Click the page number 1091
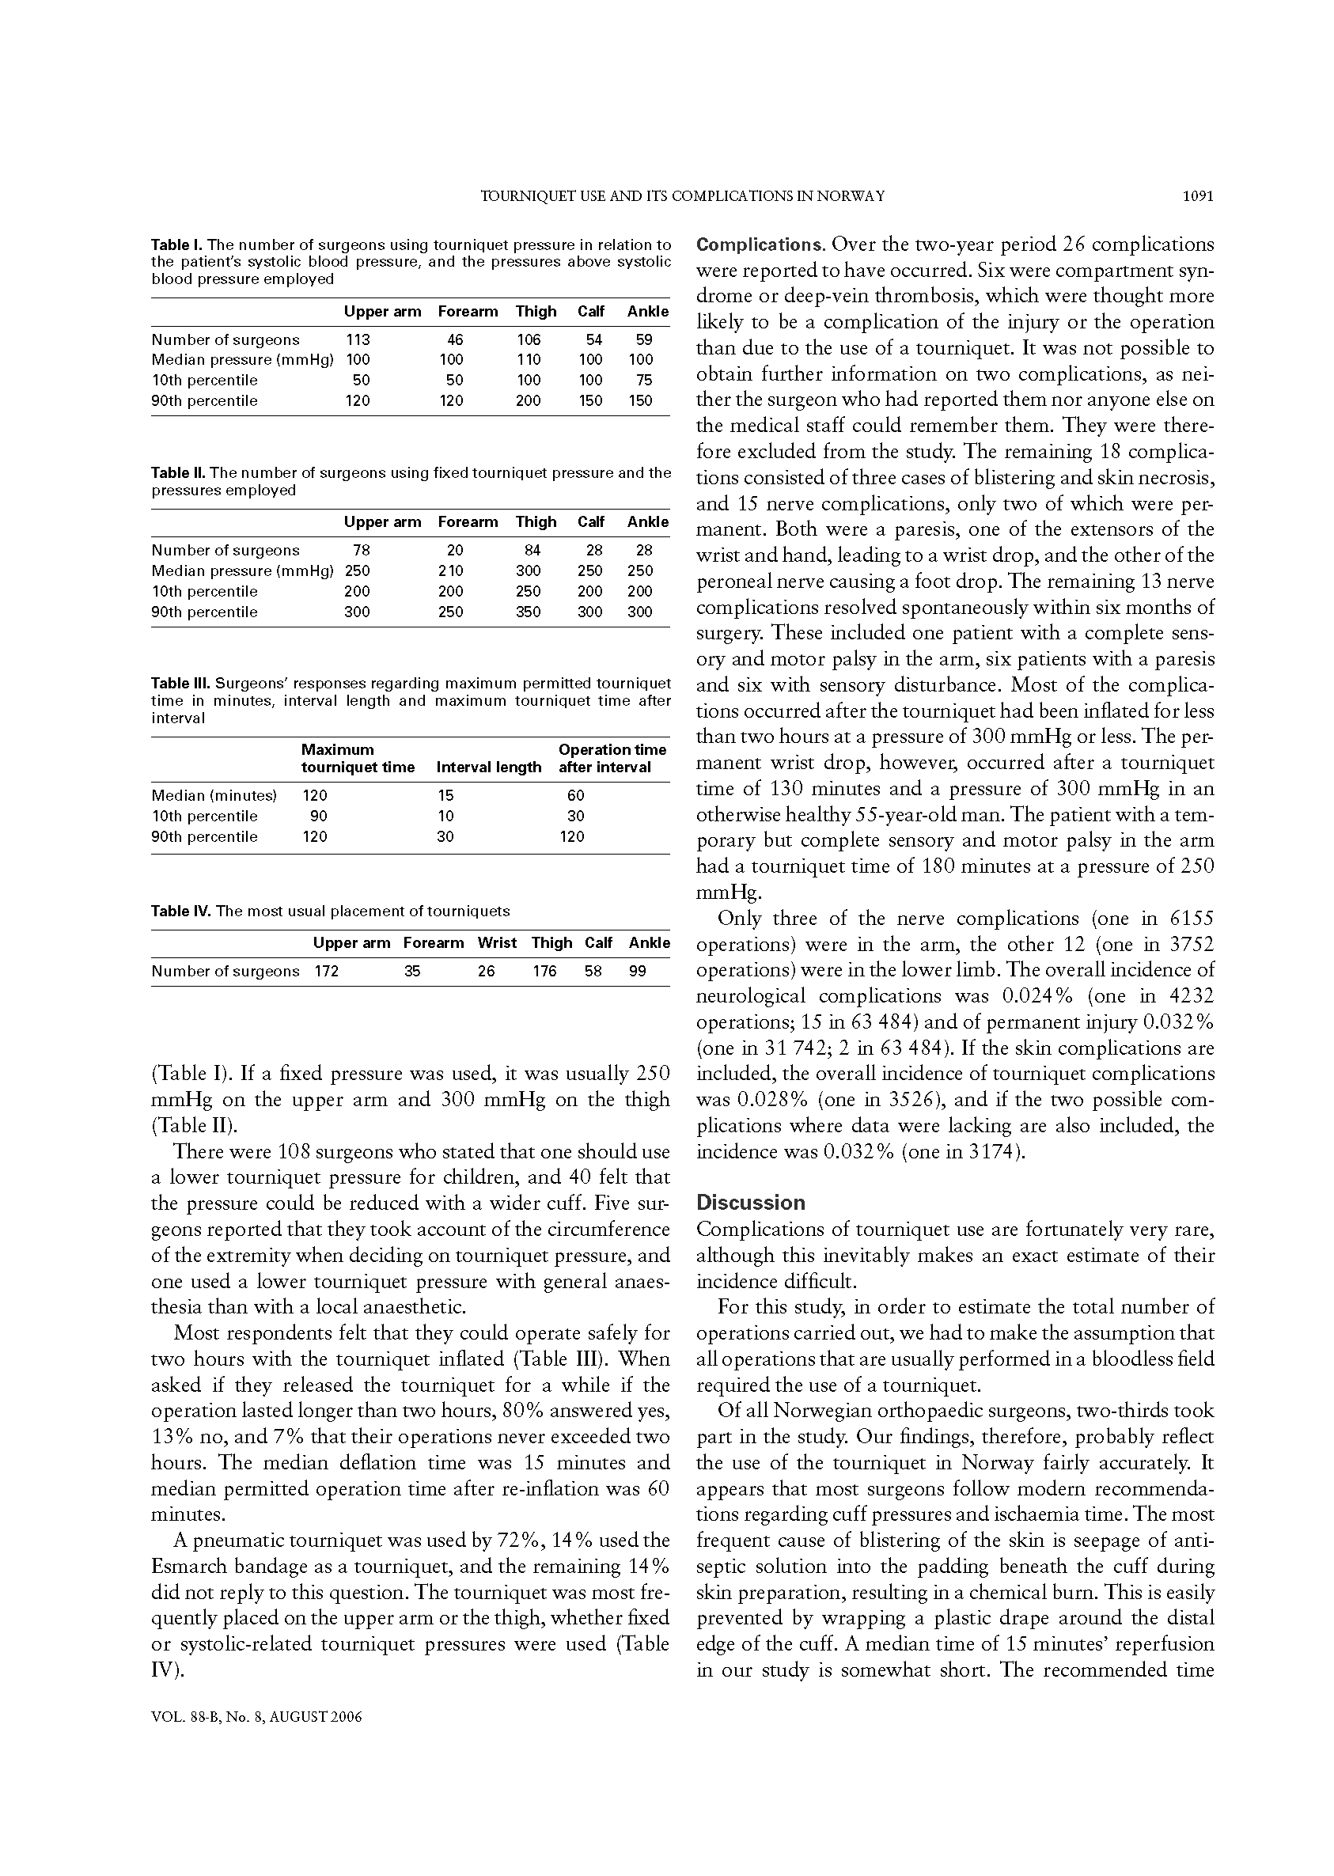(1197, 196)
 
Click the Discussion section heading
(751, 1203)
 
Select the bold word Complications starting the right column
(759, 244)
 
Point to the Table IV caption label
(180, 911)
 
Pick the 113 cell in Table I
(358, 340)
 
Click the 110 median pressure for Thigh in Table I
(529, 360)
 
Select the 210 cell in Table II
(451, 570)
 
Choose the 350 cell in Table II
(529, 612)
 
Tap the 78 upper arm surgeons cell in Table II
(362, 551)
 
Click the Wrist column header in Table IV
(497, 943)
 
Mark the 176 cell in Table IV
(544, 971)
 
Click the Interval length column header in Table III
(489, 767)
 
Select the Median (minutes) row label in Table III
(214, 795)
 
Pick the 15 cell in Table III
(445, 795)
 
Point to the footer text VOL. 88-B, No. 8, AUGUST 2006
(257, 1718)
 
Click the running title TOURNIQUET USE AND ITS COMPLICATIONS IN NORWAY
(682, 196)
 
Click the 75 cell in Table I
(644, 381)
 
